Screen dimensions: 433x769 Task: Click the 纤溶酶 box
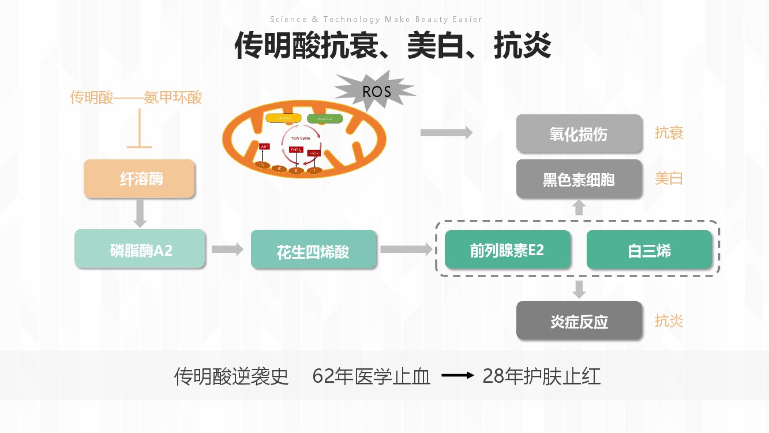click(140, 179)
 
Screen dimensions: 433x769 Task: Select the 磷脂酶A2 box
click(140, 249)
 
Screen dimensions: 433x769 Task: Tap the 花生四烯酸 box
click(313, 249)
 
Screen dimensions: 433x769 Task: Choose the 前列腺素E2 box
click(508, 249)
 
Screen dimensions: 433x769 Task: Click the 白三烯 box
click(649, 249)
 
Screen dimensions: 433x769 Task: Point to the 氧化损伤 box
click(579, 134)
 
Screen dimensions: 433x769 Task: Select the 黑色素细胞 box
click(579, 179)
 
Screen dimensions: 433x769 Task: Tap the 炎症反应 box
click(579, 320)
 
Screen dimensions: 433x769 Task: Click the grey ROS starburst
click(376, 91)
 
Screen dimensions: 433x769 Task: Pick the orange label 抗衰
click(669, 133)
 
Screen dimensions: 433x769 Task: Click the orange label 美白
click(669, 178)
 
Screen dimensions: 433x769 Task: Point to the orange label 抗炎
click(669, 320)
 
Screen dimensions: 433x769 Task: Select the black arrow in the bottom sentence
click(457, 376)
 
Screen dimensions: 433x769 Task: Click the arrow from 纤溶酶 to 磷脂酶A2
click(140, 213)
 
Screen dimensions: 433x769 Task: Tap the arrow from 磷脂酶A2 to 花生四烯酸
click(227, 249)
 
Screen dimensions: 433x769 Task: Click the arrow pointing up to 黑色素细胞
click(579, 208)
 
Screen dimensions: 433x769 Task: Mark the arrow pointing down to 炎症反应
click(579, 289)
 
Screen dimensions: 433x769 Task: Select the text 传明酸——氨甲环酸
click(136, 97)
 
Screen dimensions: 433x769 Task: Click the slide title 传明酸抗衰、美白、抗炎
click(392, 46)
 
